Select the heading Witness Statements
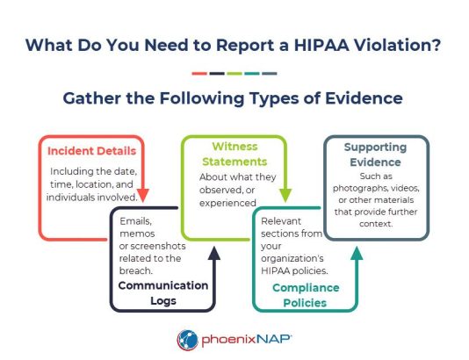(234, 154)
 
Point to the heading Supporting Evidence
(376, 155)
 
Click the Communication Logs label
(163, 293)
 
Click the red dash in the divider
(199, 74)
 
